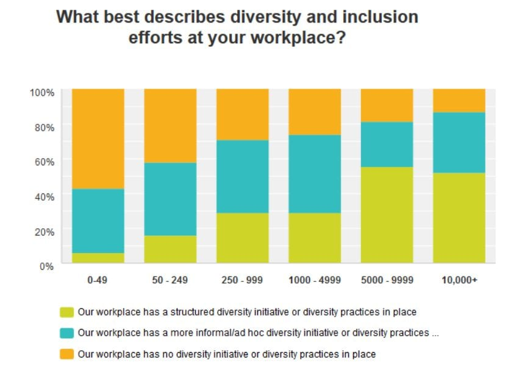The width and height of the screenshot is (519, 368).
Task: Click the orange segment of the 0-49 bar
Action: [98, 139]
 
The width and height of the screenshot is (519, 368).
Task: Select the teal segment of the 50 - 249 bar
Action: [170, 199]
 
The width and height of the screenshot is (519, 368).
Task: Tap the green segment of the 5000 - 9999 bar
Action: [387, 215]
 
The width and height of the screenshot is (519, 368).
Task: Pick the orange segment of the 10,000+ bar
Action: [459, 101]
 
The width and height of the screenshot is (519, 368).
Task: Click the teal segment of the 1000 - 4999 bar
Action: [315, 174]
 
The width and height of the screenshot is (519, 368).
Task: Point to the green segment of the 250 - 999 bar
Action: [242, 238]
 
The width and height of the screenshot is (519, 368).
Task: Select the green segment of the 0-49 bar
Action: [98, 258]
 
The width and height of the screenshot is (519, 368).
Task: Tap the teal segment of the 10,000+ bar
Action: [459, 143]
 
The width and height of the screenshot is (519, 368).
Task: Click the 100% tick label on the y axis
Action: [42, 92]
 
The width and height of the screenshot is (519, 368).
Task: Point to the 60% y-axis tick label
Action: [45, 162]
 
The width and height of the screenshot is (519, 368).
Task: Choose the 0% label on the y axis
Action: [47, 266]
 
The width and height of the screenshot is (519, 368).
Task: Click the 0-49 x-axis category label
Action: [98, 280]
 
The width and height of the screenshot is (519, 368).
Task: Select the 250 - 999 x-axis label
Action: [242, 280]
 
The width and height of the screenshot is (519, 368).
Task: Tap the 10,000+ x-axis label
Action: [459, 280]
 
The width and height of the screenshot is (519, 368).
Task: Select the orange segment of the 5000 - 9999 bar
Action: [387, 106]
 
